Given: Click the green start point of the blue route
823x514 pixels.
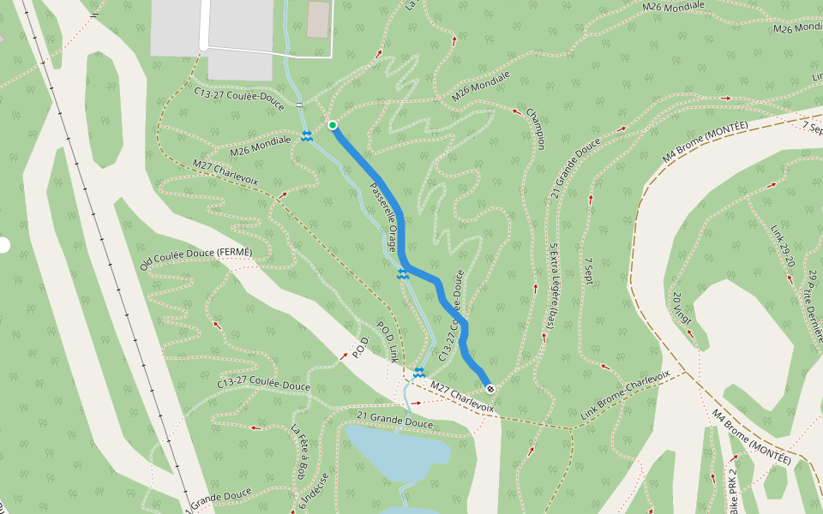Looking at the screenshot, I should tap(333, 126).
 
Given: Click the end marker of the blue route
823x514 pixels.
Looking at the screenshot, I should tap(490, 389).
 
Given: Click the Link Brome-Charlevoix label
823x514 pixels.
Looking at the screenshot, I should tap(625, 397).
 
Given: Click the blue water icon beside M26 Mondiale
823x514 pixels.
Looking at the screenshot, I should tap(306, 137).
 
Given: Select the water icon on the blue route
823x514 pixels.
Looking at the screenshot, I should tap(402, 274).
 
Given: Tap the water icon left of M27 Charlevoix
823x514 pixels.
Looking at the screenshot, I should tap(419, 373).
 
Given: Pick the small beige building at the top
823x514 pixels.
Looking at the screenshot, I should tap(318, 20).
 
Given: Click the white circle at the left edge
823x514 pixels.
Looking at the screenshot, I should tap(3, 246).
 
